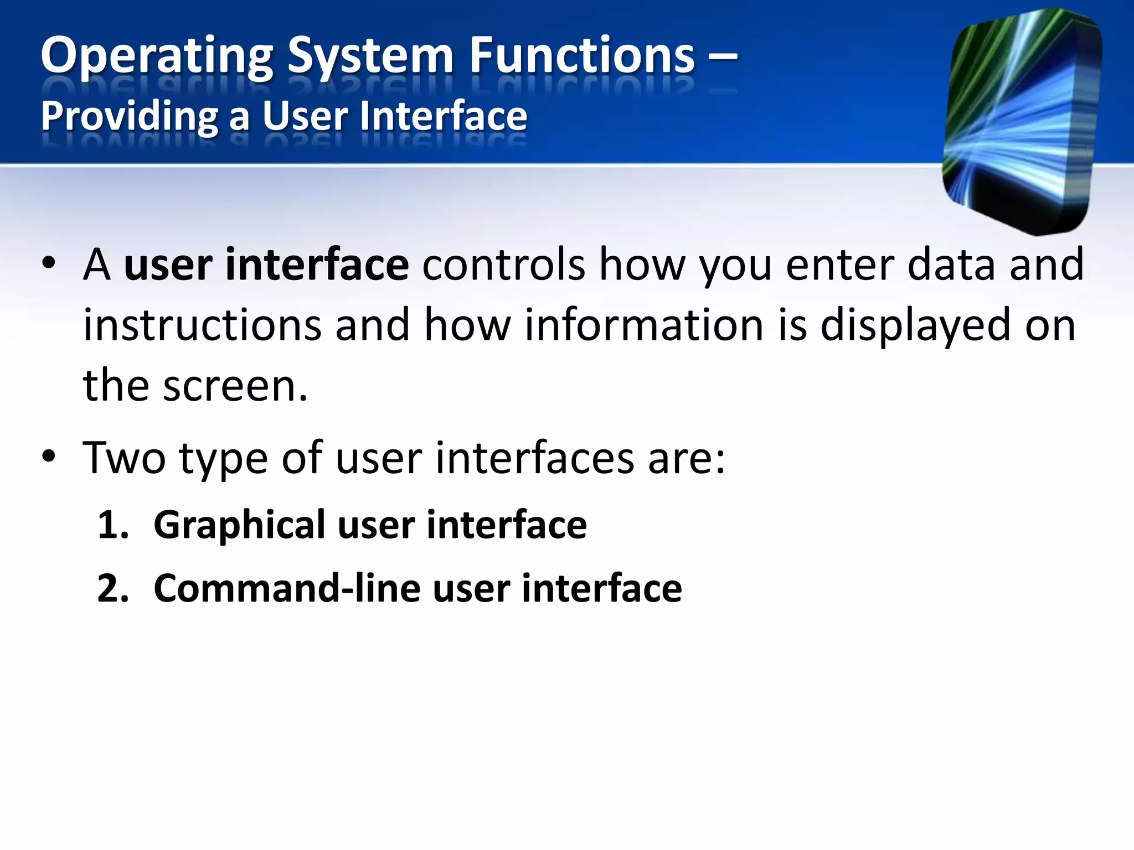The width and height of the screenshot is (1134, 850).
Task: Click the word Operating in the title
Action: click(x=157, y=57)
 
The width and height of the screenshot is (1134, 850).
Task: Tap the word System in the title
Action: click(x=370, y=57)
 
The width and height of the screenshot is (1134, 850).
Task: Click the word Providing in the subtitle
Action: click(x=130, y=117)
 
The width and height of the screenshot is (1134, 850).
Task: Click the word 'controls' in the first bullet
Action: click(x=503, y=265)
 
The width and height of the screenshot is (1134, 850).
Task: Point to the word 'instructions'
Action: click(x=202, y=325)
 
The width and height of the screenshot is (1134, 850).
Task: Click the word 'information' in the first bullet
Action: click(x=644, y=325)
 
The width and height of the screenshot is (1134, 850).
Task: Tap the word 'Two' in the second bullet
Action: click(x=124, y=458)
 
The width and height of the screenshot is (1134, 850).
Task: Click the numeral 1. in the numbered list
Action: click(x=113, y=525)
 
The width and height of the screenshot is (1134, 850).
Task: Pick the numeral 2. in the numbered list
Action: click(x=113, y=588)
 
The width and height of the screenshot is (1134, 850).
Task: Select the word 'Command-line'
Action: click(x=286, y=588)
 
